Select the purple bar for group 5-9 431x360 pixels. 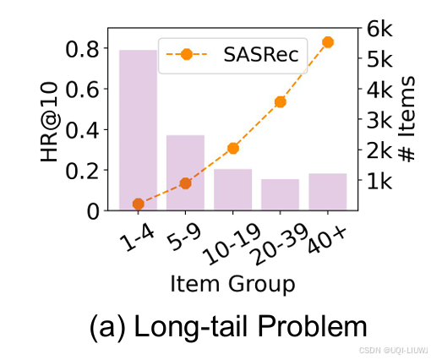tap(185, 172)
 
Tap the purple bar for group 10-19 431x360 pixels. tap(232, 189)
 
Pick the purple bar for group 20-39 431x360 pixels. tap(280, 194)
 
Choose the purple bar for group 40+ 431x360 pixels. tap(328, 192)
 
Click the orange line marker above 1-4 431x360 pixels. tap(138, 204)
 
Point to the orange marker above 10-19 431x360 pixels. tap(233, 149)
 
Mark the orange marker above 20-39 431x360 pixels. tap(281, 102)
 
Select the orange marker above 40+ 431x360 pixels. tap(328, 41)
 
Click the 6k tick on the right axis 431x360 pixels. tap(382, 28)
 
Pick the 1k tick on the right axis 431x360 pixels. tap(382, 181)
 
